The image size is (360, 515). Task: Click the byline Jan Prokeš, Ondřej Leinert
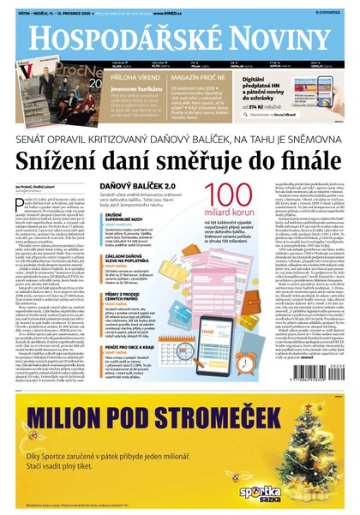pyautogui.click(x=39, y=185)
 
